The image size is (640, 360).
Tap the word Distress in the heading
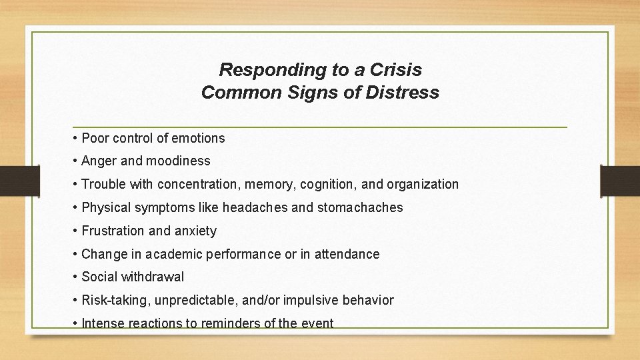click(403, 93)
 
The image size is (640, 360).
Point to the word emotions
click(198, 139)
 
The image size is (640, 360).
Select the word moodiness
click(178, 161)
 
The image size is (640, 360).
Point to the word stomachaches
click(360, 207)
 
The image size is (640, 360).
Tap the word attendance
click(347, 254)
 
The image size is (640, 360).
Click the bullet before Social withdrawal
click(76, 277)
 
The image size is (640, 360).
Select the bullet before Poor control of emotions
click(76, 139)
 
